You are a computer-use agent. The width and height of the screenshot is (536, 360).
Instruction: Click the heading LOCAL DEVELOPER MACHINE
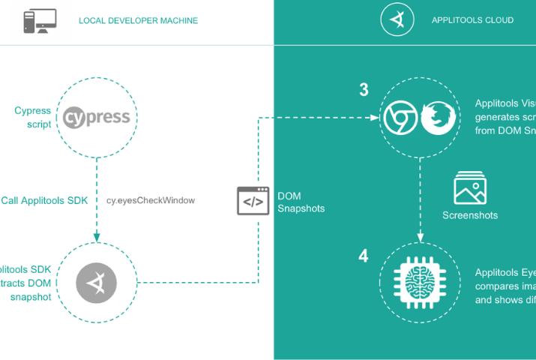tap(139, 21)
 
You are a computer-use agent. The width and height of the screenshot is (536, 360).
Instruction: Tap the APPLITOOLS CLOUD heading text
tap(473, 20)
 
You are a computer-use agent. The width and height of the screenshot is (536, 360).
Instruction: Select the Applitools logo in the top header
tap(397, 20)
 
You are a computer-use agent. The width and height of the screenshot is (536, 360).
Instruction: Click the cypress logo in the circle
tap(97, 116)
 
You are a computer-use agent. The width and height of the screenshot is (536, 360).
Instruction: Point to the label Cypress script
tap(33, 117)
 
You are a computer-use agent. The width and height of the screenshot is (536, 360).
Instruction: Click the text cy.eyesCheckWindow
tap(151, 200)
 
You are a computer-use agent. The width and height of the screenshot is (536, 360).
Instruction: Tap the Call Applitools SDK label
tap(44, 200)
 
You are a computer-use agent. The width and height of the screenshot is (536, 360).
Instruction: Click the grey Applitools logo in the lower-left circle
tap(97, 283)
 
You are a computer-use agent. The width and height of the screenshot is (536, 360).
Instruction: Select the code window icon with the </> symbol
tap(253, 201)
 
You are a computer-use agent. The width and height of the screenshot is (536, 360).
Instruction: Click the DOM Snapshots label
tap(301, 202)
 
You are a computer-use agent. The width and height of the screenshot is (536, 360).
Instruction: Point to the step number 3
tap(364, 90)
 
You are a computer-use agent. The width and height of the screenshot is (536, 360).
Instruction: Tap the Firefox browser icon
tap(439, 118)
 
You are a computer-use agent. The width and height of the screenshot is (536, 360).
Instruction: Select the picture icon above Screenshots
tap(470, 188)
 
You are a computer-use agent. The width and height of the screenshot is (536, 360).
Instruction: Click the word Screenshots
tap(470, 215)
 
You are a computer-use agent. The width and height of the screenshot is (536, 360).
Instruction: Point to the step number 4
tap(364, 256)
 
